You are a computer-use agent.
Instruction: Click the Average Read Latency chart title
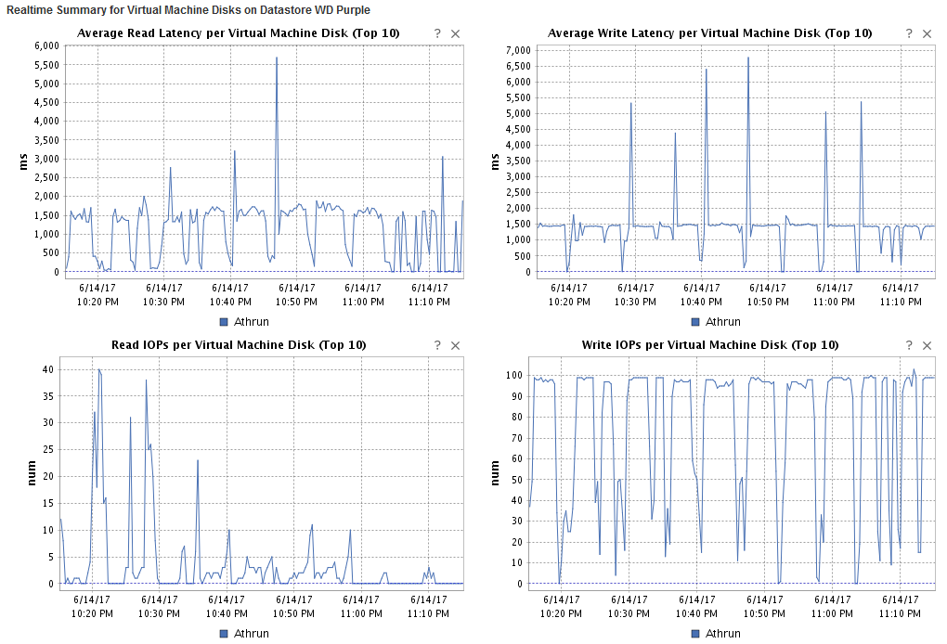239,33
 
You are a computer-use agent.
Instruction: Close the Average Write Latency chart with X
927,33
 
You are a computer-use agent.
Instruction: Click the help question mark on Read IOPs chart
437,345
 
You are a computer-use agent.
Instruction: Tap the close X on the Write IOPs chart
927,345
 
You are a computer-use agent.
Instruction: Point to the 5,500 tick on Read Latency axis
45,64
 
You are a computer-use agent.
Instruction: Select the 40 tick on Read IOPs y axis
45,369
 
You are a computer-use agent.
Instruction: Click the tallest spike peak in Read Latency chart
277,58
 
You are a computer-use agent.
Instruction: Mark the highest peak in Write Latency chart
748,58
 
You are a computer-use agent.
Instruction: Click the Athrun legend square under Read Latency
224,322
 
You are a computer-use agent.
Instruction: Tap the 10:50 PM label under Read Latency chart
297,302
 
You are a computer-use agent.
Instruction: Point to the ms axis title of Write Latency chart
495,160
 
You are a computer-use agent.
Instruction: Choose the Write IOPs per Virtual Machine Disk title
710,345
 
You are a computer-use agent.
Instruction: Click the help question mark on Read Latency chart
437,33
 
